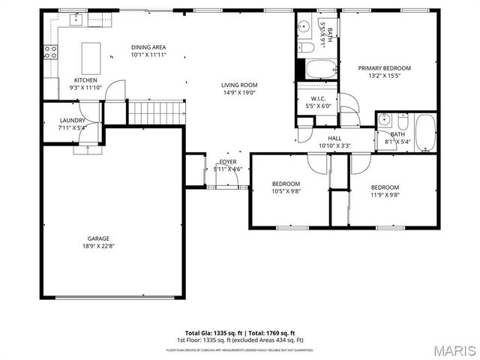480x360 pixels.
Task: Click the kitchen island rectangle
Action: point(91,56)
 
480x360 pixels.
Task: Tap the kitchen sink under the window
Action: point(75,20)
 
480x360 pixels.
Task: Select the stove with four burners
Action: point(51,52)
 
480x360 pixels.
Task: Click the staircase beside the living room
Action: point(155,113)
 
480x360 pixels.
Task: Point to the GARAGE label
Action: point(98,238)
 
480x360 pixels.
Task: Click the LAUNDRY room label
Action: point(73,120)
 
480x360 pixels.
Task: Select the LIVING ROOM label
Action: point(239,85)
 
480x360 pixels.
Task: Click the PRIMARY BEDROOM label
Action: point(384,67)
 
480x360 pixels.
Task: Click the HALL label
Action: point(334,138)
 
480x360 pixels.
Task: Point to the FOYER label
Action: point(227,162)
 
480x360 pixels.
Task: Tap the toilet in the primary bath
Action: point(307,48)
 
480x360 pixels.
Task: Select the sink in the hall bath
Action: point(383,118)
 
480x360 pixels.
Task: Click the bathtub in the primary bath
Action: point(320,69)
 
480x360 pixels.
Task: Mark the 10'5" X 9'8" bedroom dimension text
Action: point(286,191)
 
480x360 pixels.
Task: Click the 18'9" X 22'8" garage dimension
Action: point(98,246)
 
